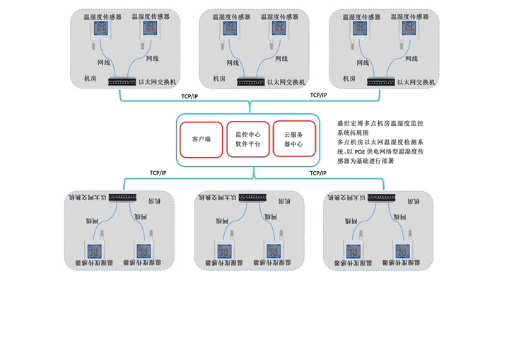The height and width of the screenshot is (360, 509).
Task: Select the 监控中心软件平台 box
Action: coord(248,139)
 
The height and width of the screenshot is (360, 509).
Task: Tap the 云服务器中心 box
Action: coord(293,139)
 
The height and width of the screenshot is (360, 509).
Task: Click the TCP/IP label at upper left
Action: coord(189,95)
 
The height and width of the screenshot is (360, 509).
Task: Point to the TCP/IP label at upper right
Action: coord(318,95)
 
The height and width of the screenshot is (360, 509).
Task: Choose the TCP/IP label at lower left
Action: coord(158,173)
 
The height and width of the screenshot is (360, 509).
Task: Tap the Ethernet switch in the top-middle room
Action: coord(251,81)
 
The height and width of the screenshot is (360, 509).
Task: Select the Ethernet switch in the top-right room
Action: coord(380,81)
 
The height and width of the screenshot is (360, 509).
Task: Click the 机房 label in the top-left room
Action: coord(90,79)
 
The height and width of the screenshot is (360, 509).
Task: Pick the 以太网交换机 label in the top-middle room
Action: coord(286,82)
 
